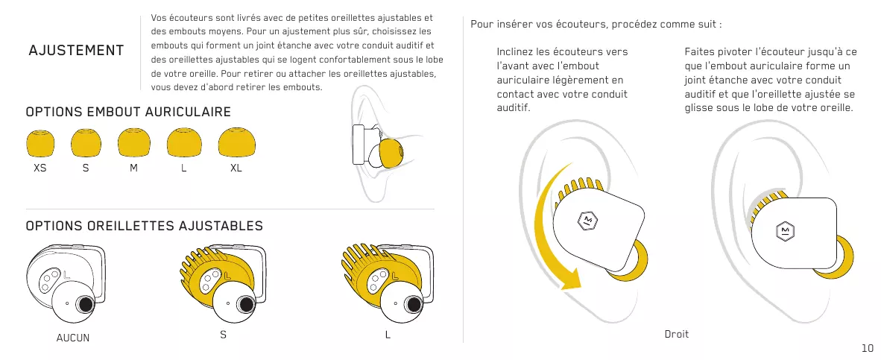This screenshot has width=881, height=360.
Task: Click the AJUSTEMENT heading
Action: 76,51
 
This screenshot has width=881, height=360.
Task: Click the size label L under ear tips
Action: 183,168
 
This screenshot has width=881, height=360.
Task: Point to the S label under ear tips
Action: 86,168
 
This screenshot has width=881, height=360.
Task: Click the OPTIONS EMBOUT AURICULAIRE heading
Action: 128,112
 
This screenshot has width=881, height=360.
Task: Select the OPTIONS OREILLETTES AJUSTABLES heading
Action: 144,225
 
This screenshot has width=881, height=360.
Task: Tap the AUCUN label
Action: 73,338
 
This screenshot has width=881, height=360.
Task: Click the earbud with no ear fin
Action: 66,283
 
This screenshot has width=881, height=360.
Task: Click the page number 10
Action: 867,348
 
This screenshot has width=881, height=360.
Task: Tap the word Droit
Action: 676,334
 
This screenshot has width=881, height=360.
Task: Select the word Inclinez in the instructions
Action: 515,52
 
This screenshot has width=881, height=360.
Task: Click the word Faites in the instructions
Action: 700,52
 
